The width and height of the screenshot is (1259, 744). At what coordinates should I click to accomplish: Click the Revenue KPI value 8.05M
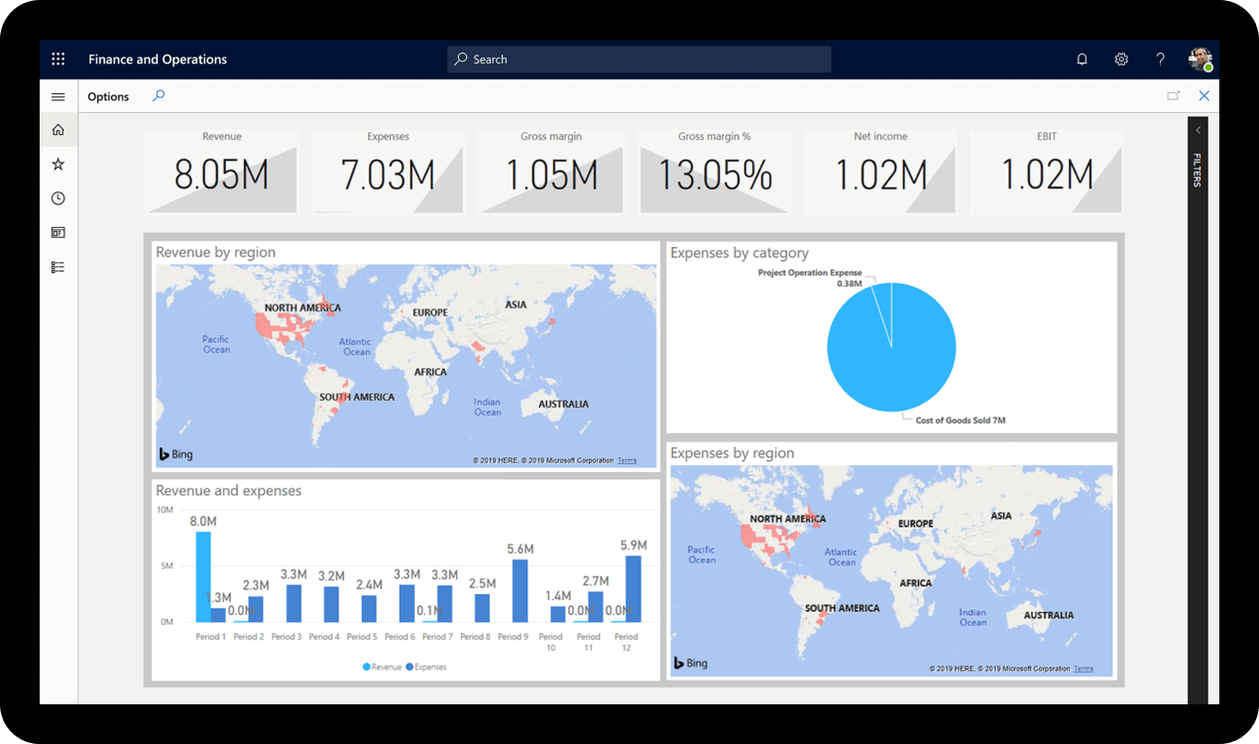(x=221, y=176)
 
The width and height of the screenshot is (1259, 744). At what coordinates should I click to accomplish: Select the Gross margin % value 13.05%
(x=715, y=176)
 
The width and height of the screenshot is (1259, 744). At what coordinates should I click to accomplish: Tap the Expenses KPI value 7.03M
(x=388, y=176)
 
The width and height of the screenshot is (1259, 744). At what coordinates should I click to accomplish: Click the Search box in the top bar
(x=638, y=60)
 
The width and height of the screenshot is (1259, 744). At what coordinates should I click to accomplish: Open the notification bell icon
(x=1082, y=60)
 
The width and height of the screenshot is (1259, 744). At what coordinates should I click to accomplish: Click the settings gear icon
(x=1121, y=60)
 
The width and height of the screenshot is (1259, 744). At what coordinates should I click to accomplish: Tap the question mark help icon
(x=1160, y=60)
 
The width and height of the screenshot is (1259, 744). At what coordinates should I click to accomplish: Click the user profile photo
(x=1200, y=59)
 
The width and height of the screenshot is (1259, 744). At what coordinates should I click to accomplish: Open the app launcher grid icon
(x=58, y=60)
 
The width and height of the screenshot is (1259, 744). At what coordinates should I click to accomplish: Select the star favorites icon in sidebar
(x=58, y=165)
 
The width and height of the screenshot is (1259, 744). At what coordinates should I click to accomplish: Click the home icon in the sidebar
(x=58, y=130)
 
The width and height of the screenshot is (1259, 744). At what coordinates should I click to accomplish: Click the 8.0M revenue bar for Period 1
(x=203, y=577)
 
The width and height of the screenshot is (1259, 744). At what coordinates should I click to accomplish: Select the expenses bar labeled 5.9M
(x=632, y=588)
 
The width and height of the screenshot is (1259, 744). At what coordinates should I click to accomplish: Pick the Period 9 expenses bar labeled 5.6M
(x=519, y=590)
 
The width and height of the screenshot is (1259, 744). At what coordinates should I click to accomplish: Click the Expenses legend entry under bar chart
(x=429, y=667)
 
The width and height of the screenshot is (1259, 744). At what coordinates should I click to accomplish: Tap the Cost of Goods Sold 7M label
(x=960, y=421)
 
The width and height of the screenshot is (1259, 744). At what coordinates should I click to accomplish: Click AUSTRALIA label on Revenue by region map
(x=563, y=404)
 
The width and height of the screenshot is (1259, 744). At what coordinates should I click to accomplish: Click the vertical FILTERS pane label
(x=1197, y=170)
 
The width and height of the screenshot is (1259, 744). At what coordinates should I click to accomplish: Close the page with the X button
(x=1203, y=96)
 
